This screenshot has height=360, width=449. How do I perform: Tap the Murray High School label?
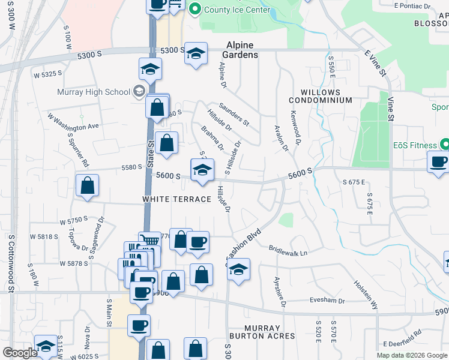[x=93, y=92]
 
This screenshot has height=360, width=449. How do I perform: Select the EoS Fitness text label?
[x=414, y=145]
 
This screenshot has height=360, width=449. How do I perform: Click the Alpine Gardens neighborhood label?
[x=242, y=50]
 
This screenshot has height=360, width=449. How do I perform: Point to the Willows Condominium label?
[x=320, y=97]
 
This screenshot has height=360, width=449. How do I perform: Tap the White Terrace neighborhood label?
[x=176, y=199]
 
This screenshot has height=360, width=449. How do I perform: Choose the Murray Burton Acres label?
[x=255, y=332]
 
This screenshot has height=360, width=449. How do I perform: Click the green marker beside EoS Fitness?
[x=445, y=145]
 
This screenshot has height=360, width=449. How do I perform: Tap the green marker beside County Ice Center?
[x=194, y=9]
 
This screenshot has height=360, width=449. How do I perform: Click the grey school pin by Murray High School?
[x=139, y=91]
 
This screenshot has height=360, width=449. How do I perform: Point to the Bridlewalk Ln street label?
[x=288, y=251]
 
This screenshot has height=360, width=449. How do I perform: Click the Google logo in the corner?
[x=20, y=353]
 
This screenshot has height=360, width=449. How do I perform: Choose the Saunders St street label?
[x=234, y=114]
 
